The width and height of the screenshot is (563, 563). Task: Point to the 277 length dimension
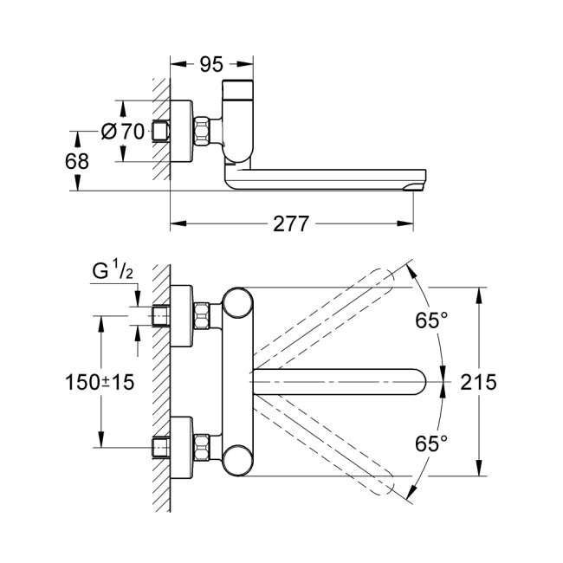[291, 223]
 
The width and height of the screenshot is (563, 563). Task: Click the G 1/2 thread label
[112, 273]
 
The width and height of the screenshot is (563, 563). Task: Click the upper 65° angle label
[430, 320]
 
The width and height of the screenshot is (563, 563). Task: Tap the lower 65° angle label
[430, 443]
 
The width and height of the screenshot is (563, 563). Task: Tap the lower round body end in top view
[236, 458]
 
